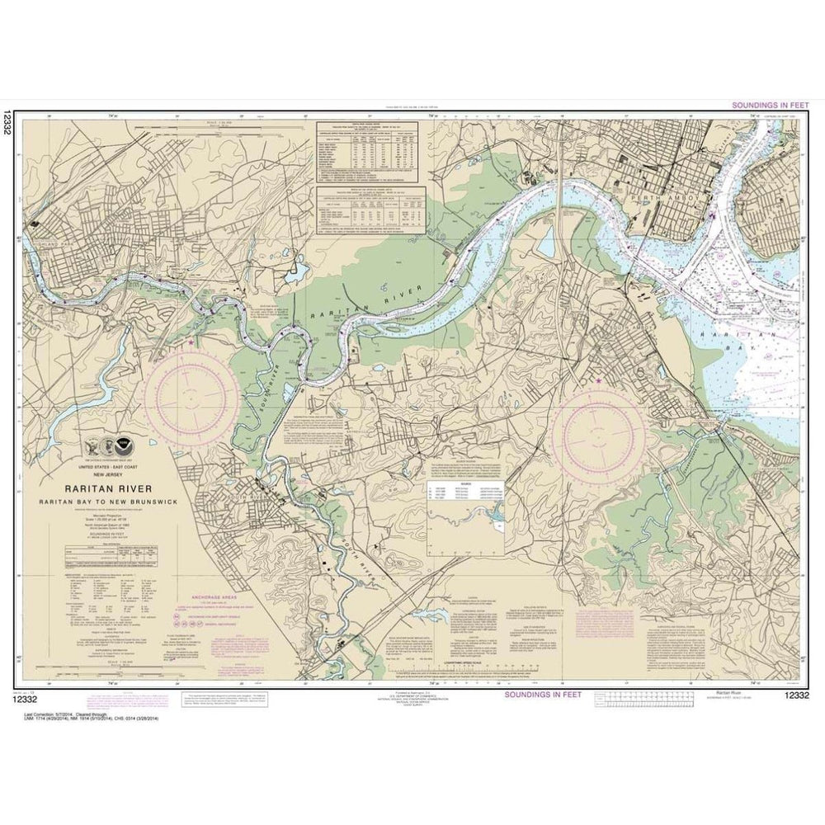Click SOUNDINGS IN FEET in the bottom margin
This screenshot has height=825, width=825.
[x=540, y=695]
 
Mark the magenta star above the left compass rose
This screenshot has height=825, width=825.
[x=192, y=342]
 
